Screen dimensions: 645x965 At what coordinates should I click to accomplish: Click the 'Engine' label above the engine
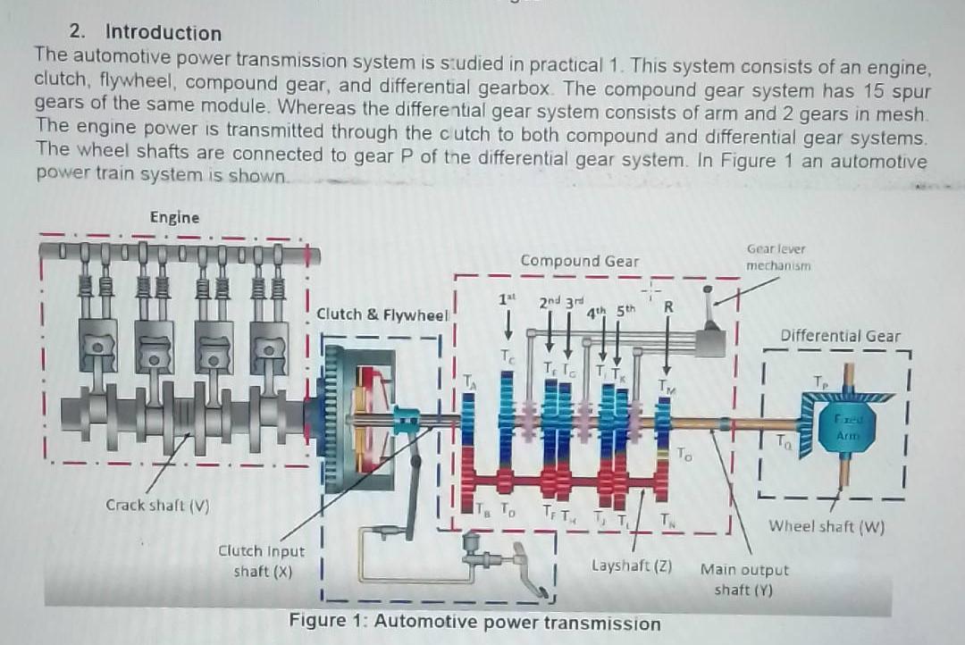pos(174,217)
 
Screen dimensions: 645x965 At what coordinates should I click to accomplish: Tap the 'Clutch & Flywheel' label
pos(382,314)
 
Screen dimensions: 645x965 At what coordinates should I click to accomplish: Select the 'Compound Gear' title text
pos(580,261)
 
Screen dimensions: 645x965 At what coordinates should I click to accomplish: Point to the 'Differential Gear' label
pos(840,336)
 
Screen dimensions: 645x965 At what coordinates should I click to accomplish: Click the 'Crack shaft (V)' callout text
pos(157,505)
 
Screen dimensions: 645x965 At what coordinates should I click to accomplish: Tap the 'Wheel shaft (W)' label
pos(827,526)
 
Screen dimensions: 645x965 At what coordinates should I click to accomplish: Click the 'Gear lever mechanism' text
pos(777,257)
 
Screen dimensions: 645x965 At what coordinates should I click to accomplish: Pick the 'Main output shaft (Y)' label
pos(744,579)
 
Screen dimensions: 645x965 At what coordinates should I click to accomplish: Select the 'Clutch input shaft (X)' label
pos(262,561)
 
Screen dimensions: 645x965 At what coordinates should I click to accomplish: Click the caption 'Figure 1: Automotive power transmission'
pos(474,623)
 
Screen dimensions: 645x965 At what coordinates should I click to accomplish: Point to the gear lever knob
pos(709,289)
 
